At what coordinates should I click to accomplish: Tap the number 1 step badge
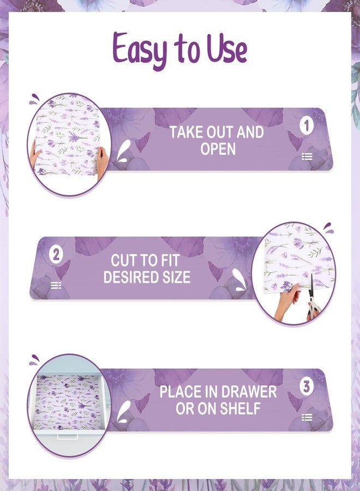(307, 126)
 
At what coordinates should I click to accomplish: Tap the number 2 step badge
(56, 255)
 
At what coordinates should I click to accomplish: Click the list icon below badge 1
(307, 157)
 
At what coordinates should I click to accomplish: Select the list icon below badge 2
(56, 285)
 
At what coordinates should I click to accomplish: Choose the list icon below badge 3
(307, 417)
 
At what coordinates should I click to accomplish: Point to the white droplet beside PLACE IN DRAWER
(124, 411)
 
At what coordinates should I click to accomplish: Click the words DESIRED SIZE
(147, 277)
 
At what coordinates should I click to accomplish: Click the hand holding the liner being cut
(286, 297)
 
